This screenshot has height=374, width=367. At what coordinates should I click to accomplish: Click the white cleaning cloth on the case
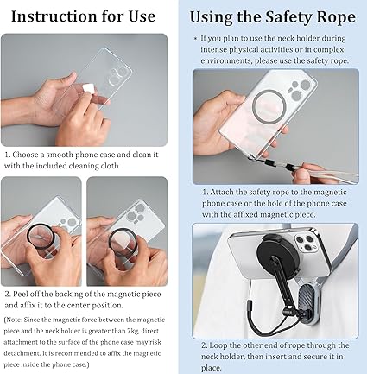click(x=88, y=88)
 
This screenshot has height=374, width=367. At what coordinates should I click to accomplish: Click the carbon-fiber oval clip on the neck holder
click(x=306, y=306)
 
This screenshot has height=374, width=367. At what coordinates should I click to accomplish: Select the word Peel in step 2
click(x=20, y=295)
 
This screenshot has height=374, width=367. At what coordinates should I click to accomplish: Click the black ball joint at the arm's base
click(x=288, y=311)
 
